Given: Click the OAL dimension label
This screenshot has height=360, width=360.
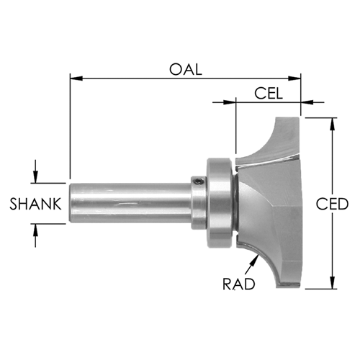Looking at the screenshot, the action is click(x=186, y=70).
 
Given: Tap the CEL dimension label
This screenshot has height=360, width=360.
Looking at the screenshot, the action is click(x=269, y=94).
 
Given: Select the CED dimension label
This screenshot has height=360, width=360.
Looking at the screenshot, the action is click(x=332, y=204).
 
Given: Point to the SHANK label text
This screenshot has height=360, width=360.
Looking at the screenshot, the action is click(x=35, y=204).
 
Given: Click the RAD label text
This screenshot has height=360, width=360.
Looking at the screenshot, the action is click(x=239, y=284).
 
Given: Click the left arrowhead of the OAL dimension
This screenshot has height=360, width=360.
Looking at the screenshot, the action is click(x=76, y=78).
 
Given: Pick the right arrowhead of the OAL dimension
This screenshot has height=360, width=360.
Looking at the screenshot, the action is click(x=294, y=78).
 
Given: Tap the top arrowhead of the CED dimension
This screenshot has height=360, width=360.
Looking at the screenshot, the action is click(x=333, y=124).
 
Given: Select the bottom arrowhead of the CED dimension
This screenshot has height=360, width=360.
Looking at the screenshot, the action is click(x=333, y=282).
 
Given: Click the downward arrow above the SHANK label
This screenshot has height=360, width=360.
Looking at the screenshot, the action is click(x=35, y=171).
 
